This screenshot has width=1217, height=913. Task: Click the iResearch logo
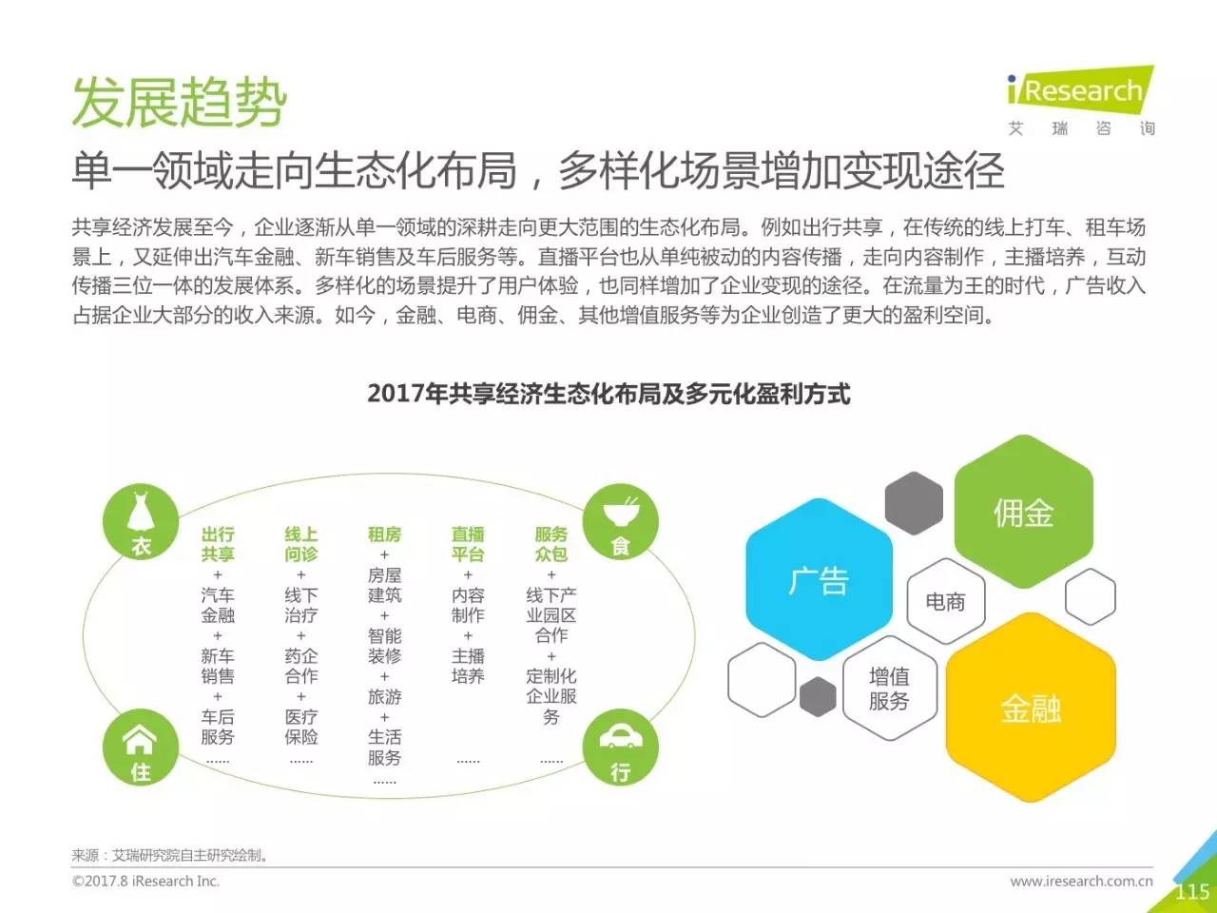(1081, 100)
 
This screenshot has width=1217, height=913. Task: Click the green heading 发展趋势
(180, 103)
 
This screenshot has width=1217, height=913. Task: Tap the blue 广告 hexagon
(819, 579)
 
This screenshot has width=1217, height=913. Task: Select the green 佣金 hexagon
(1023, 512)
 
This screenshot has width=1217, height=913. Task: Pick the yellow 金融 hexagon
(1031, 708)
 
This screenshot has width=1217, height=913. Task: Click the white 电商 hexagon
(946, 601)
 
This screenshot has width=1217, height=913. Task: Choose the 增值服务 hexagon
(889, 689)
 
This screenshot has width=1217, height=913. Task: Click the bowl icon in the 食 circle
(621, 512)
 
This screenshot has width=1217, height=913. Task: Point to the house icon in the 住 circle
(140, 740)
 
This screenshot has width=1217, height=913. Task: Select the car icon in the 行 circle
(621, 737)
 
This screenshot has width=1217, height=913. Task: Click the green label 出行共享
(218, 544)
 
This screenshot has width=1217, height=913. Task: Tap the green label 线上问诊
(301, 544)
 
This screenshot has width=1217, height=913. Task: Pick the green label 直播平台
(468, 544)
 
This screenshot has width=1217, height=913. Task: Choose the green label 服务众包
(551, 544)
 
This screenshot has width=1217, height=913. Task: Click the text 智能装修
(384, 646)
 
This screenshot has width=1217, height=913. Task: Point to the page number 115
(1192, 891)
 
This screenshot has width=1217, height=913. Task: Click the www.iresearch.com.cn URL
(1081, 881)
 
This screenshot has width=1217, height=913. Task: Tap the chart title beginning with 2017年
(608, 394)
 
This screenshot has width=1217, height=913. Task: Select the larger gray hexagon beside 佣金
(914, 503)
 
